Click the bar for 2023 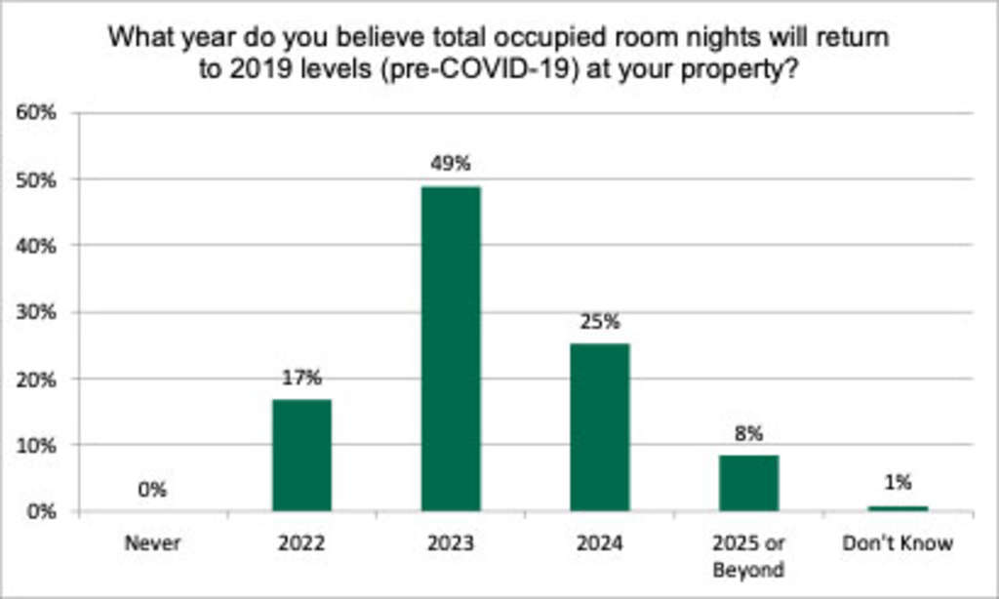click(x=451, y=348)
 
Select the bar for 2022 click(x=301, y=455)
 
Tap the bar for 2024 click(x=600, y=427)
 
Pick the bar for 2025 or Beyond click(x=749, y=483)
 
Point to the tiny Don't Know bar click(x=899, y=508)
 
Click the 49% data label click(x=451, y=164)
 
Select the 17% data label click(x=301, y=378)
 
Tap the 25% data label click(x=600, y=321)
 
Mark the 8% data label click(x=749, y=433)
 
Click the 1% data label click(x=899, y=481)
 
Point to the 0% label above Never click(x=152, y=490)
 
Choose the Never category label click(x=152, y=543)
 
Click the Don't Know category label click(x=899, y=543)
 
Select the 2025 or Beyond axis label click(x=749, y=555)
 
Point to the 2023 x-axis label click(x=451, y=543)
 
